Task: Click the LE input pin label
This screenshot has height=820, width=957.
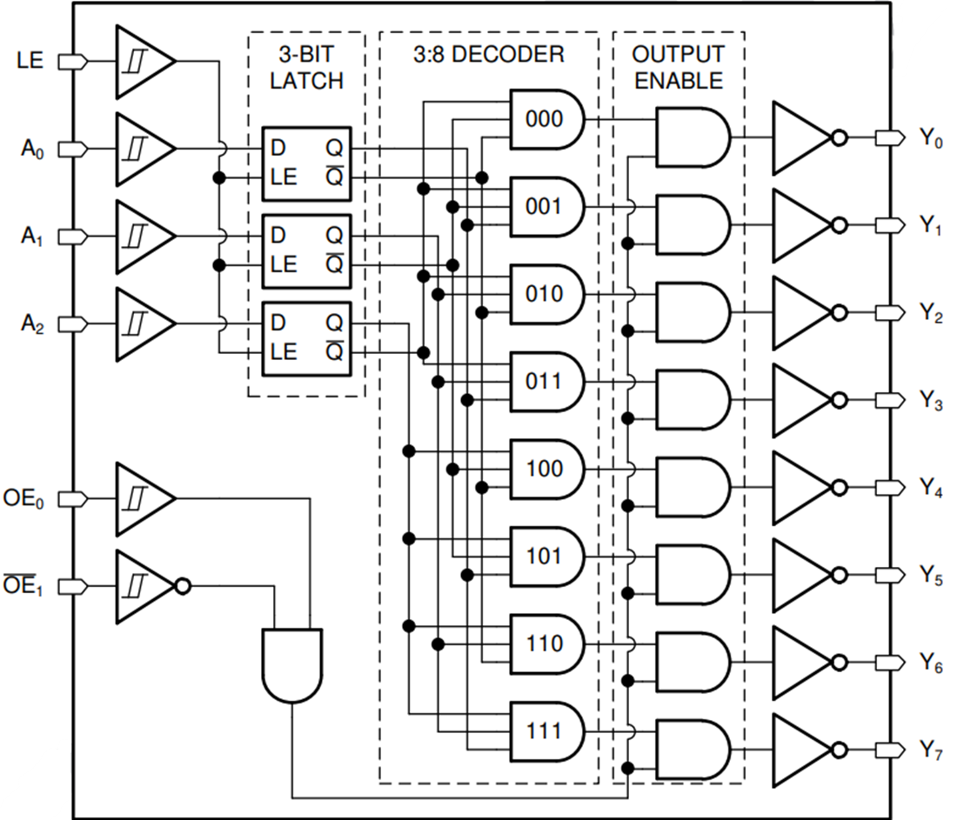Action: pos(31,62)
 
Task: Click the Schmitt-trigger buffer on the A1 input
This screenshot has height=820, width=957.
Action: pos(142,236)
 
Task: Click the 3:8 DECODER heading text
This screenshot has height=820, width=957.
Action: pos(488,55)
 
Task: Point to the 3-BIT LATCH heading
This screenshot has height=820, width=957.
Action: pos(306,67)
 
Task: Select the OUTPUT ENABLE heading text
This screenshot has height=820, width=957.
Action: pos(678,67)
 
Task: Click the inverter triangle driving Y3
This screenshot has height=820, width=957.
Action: pos(800,399)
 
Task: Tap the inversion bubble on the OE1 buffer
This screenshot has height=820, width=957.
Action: pos(182,587)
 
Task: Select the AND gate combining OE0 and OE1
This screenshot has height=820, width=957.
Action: pos(291,664)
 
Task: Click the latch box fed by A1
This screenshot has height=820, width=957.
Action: pos(306,250)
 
